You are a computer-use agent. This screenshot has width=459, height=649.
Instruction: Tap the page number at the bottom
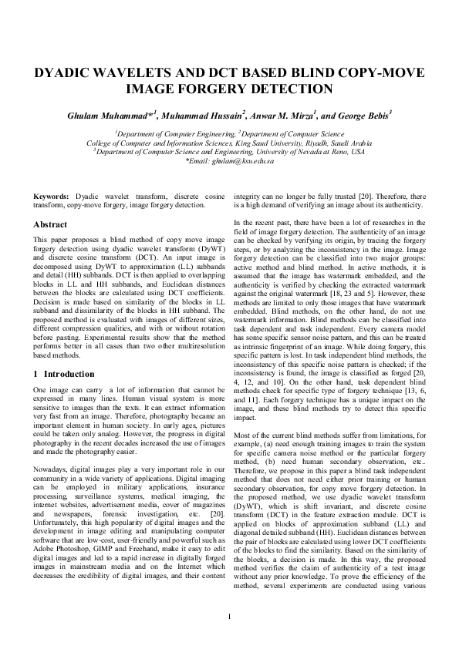point(229,617)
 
